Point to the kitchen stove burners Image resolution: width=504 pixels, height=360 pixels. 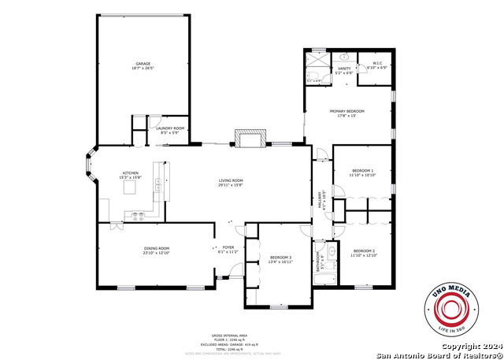click(138, 215)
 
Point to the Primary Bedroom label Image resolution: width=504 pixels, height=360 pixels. click(347, 112)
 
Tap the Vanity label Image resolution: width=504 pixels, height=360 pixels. click(344, 69)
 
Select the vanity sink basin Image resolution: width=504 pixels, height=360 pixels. click(344, 58)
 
